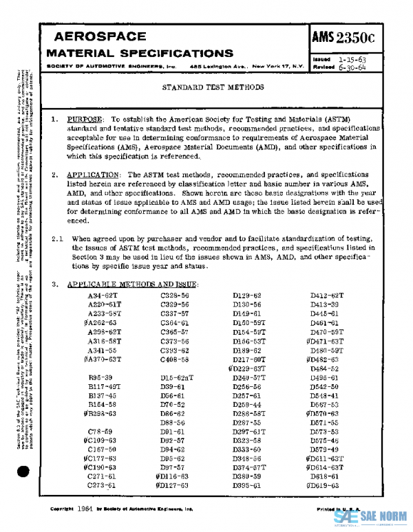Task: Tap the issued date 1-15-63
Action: [352, 60]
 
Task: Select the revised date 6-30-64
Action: [352, 67]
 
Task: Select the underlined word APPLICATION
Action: [95, 175]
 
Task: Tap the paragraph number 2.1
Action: [57, 238]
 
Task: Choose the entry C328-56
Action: [175, 294]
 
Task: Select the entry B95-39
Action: [101, 377]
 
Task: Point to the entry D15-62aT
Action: [177, 377]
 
